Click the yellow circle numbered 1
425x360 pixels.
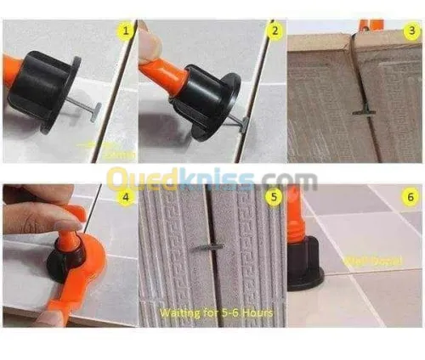click(126, 32)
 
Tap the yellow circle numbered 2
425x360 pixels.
click(274, 31)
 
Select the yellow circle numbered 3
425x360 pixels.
click(411, 31)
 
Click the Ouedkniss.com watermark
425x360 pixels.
click(212, 179)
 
